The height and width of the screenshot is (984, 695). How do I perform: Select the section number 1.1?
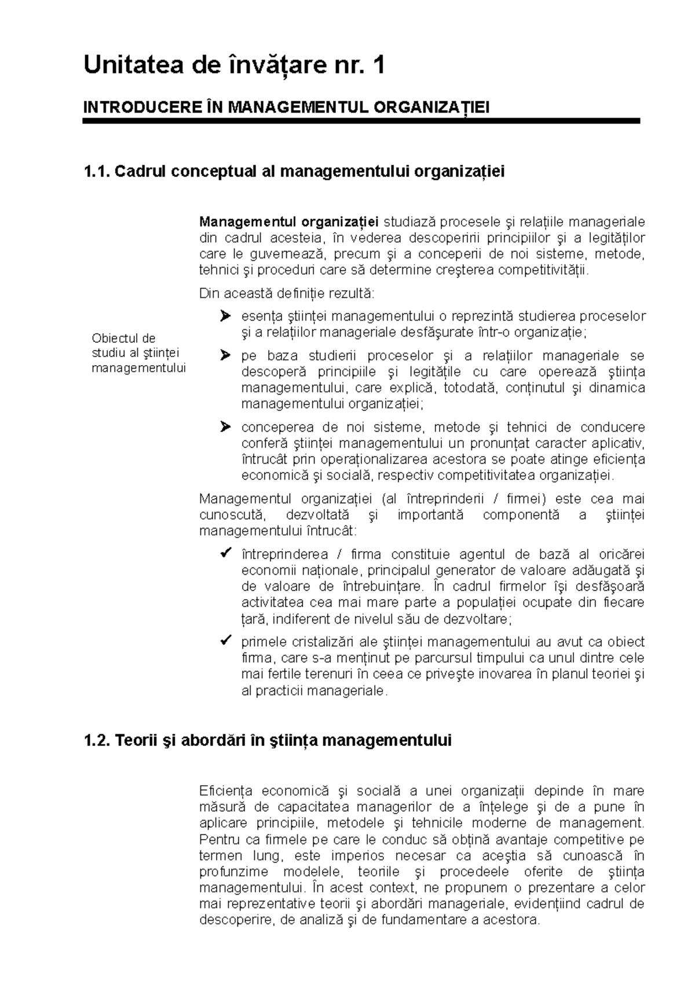click(x=96, y=172)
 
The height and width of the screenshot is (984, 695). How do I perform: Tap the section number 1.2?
click(x=96, y=741)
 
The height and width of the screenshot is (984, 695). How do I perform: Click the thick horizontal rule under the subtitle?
click(x=361, y=121)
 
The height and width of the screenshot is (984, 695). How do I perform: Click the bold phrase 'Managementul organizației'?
click(x=288, y=222)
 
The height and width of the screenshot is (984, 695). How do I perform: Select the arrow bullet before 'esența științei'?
click(x=225, y=316)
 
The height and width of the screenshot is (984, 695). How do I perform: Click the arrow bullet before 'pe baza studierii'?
click(x=225, y=356)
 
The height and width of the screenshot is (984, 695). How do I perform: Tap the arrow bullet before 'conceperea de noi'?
click(x=225, y=428)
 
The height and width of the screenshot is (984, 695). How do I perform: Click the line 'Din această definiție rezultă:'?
click(x=287, y=294)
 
